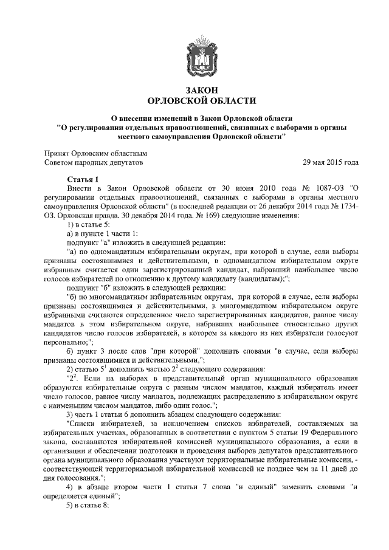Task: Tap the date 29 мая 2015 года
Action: (331, 163)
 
